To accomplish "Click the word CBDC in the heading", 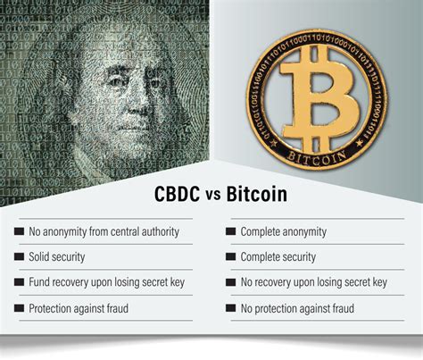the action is [177, 194].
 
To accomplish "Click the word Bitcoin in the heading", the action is [257, 194].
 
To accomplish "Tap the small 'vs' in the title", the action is [213, 196].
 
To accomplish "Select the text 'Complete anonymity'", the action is [284, 231].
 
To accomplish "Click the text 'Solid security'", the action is [57, 256].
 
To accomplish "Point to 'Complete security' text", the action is [278, 257].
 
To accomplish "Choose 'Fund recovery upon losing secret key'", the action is [107, 282].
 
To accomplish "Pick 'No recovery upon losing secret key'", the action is [314, 282].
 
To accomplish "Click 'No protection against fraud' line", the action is [297, 308].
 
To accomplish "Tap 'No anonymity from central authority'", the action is [104, 231].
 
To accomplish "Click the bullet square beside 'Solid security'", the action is [19, 256].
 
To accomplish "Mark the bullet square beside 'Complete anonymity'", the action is [231, 231].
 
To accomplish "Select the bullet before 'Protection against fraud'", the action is [19, 308].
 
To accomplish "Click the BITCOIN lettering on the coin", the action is [317, 158].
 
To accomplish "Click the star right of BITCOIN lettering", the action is [360, 143].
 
